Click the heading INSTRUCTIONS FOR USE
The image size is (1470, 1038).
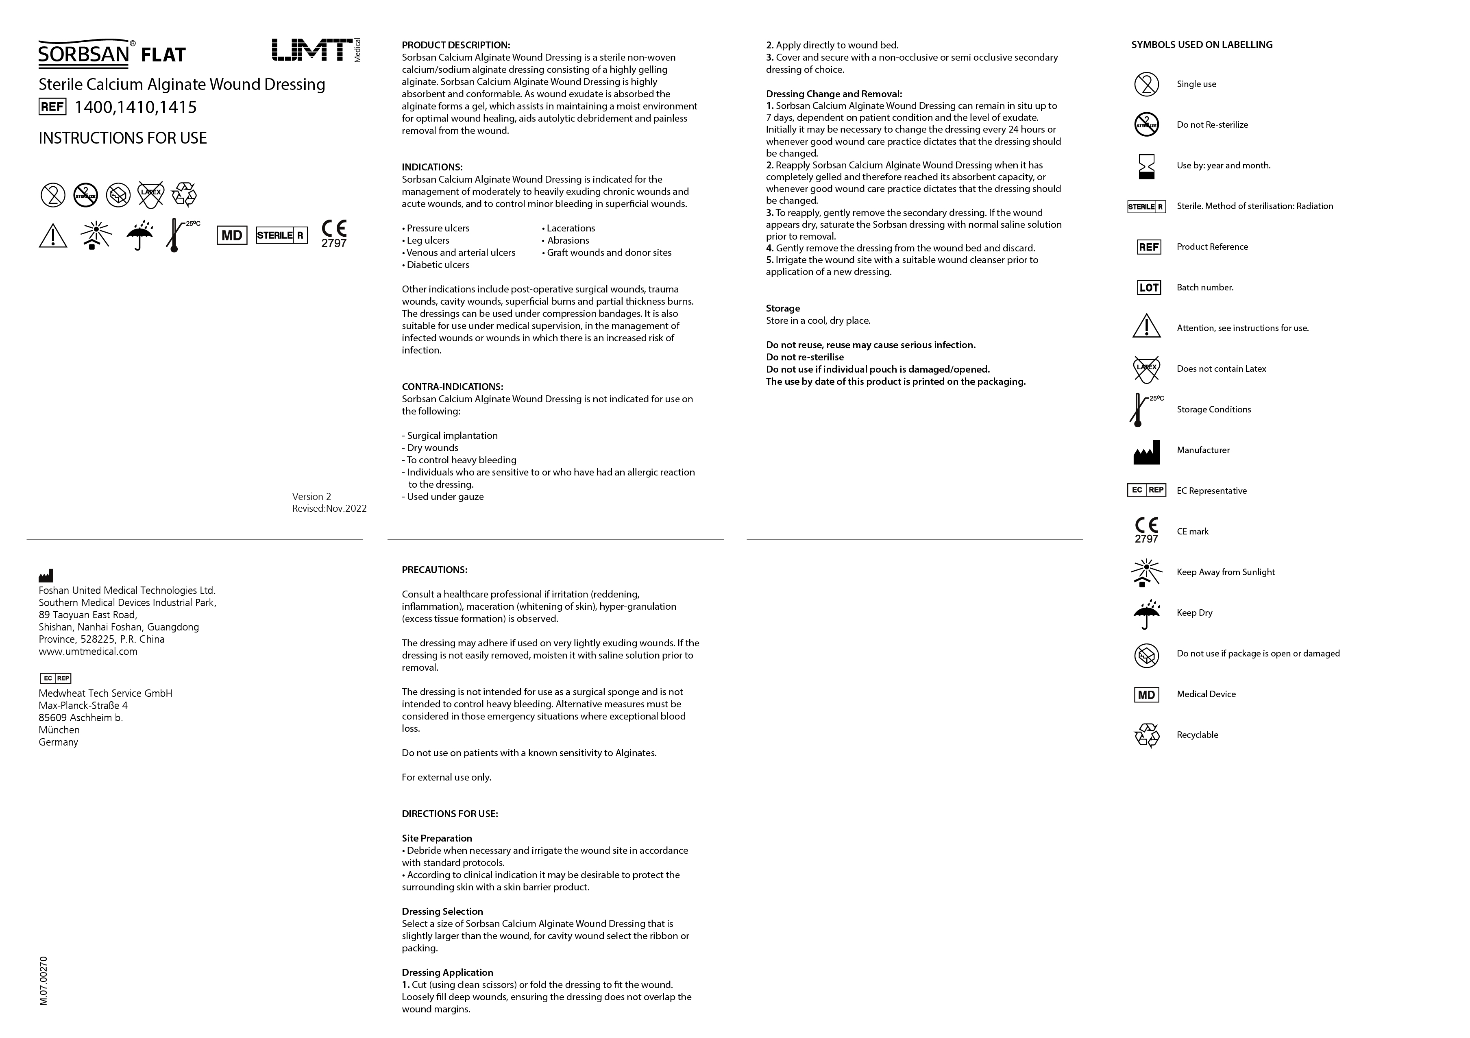[122, 138]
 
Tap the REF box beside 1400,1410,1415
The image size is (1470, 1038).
[52, 107]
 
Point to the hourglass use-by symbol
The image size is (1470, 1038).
[1147, 166]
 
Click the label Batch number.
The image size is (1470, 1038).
[1204, 288]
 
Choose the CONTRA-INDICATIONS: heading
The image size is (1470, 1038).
[452, 387]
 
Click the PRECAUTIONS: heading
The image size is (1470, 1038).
[434, 570]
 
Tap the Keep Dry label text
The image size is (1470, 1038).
[1194, 613]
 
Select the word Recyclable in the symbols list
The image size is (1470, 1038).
[1197, 735]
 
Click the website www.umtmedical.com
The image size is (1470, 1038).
[88, 652]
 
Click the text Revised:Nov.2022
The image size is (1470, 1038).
[329, 508]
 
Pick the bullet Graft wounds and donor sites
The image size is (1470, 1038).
[608, 253]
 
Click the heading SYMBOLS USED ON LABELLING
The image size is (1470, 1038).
[1202, 45]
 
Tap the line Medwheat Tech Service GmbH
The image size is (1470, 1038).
[105, 693]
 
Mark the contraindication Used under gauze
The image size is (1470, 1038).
[444, 497]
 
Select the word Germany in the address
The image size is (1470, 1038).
[58, 742]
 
